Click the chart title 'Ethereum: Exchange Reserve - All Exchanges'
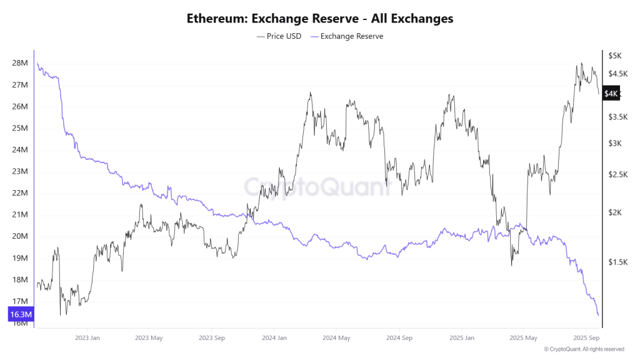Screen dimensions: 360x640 click(x=320, y=19)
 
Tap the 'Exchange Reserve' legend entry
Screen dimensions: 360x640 click(x=347, y=36)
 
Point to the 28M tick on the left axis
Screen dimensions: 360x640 click(x=20, y=63)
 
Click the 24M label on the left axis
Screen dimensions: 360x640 click(x=20, y=150)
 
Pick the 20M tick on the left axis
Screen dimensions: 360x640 click(x=20, y=236)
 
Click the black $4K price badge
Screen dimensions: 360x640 click(x=611, y=94)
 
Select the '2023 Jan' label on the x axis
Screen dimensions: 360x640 click(x=87, y=338)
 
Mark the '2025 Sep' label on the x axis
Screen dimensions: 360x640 click(x=585, y=338)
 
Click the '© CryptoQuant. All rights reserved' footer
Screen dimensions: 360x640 click(x=584, y=349)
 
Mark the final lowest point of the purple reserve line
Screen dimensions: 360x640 click(x=598, y=315)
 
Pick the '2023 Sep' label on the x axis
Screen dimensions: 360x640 click(x=211, y=338)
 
